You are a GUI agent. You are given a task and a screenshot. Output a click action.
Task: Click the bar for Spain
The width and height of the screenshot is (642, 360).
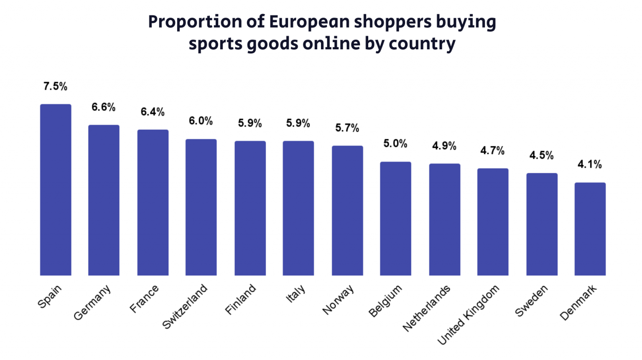(56, 190)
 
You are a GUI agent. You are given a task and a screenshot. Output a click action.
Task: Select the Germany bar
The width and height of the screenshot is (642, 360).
(104, 200)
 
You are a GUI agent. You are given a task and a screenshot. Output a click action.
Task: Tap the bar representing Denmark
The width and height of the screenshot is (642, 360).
(590, 229)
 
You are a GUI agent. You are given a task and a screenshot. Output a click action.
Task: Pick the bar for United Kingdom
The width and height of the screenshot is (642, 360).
(493, 222)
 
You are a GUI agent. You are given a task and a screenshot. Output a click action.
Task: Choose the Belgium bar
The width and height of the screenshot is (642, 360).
(395, 219)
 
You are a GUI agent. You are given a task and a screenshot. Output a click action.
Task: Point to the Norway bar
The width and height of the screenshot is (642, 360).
(347, 211)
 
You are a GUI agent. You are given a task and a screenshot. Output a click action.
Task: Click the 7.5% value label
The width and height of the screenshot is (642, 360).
(55, 87)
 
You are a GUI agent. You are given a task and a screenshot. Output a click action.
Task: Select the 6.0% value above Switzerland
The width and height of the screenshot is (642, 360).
(201, 121)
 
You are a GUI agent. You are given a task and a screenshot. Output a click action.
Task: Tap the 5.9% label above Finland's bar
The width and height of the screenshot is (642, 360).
(250, 123)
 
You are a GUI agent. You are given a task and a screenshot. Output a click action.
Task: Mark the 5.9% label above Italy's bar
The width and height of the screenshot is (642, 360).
(298, 123)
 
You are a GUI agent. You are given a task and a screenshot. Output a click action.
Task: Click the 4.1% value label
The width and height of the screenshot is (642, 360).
(589, 164)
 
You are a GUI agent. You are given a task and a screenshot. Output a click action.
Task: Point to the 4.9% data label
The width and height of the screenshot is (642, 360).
(444, 146)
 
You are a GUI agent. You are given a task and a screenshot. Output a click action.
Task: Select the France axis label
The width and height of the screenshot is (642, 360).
(144, 299)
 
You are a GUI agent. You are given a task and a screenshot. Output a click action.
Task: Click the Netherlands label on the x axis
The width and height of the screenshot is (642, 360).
(427, 308)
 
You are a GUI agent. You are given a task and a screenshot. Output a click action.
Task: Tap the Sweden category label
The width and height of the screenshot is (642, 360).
(531, 301)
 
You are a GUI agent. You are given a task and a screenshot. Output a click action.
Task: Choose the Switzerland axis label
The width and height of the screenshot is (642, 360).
(185, 306)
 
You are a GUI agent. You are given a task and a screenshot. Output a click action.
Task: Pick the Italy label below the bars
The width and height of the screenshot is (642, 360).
(296, 294)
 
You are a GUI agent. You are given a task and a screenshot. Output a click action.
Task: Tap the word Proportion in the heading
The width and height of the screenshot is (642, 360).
(195, 22)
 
